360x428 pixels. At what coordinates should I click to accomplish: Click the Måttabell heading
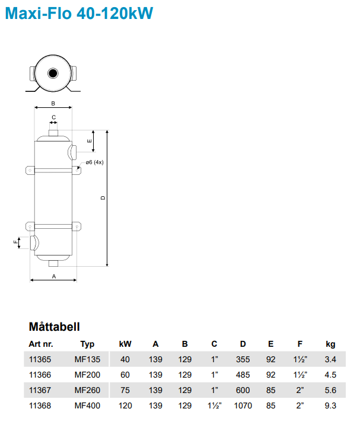point(54,327)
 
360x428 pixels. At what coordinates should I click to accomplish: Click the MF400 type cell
point(87,406)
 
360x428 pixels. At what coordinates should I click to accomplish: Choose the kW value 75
point(125,391)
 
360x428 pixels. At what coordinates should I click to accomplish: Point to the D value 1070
point(243,406)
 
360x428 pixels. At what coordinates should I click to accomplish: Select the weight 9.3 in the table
point(330,406)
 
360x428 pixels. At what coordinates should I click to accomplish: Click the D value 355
point(243,360)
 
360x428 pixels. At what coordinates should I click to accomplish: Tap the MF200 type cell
point(87,375)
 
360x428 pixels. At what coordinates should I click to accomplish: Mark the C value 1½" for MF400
point(214,406)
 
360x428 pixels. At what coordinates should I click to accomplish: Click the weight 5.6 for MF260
point(330,391)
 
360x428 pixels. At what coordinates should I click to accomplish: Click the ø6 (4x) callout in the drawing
point(94,162)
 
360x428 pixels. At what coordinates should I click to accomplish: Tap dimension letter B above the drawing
point(53,103)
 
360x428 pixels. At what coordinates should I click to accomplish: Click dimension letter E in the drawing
point(90,141)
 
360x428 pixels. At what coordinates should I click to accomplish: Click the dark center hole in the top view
point(53,74)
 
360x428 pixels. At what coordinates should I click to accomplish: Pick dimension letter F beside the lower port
point(16,242)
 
